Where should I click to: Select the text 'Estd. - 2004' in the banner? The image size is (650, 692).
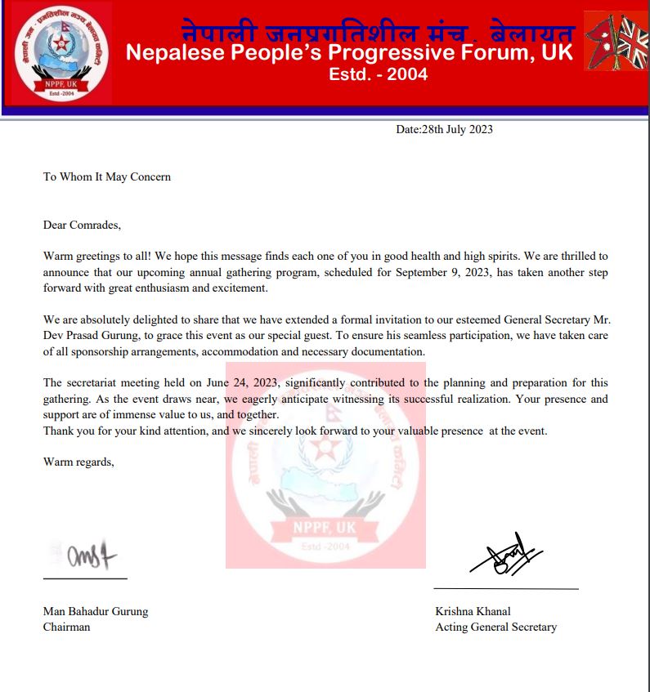click(x=378, y=75)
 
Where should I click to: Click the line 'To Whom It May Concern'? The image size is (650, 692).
click(x=107, y=176)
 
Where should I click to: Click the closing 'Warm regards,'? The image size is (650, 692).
click(x=78, y=462)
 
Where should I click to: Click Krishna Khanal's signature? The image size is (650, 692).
click(x=505, y=556)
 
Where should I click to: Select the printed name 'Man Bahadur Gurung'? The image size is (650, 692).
click(x=96, y=611)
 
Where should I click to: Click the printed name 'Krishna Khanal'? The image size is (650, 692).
click(x=473, y=611)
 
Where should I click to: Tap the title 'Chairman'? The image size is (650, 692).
click(x=67, y=627)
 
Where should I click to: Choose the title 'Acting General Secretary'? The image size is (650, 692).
click(x=496, y=627)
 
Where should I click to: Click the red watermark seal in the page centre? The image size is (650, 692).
click(x=325, y=466)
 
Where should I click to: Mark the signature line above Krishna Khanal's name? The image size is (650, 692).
click(x=505, y=588)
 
